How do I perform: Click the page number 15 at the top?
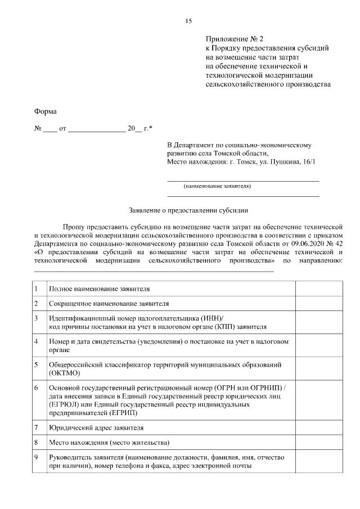(x=188, y=21)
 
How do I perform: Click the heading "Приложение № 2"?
(x=235, y=39)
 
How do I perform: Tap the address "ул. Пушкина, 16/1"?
(x=289, y=161)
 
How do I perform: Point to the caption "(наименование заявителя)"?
(x=217, y=186)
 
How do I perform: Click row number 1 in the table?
(x=37, y=289)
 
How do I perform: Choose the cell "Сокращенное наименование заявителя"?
(x=109, y=304)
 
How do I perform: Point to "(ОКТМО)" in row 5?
(x=65, y=373)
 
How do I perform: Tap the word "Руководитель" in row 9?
(x=71, y=457)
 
